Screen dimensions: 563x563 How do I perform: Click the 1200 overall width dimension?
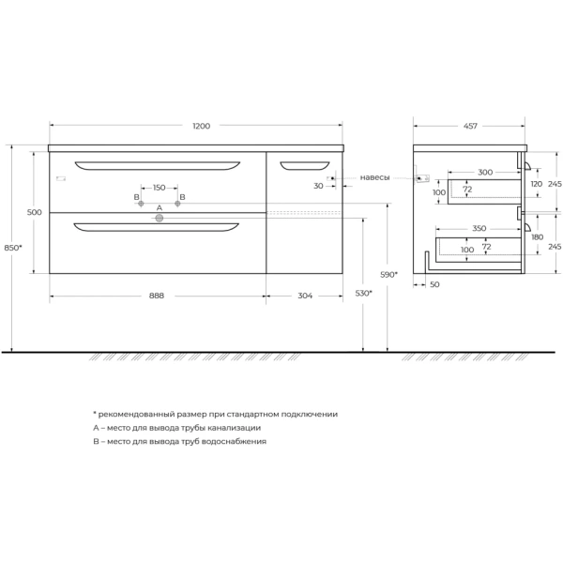pos(201,126)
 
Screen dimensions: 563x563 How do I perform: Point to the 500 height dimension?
pos(35,213)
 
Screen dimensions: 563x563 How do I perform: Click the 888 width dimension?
pos(157,296)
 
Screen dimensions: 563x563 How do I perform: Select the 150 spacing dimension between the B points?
pos(159,188)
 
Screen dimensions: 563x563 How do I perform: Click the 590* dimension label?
pos(389,274)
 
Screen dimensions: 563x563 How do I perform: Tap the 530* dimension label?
pos(364,294)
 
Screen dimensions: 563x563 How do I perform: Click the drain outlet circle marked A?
pos(159,218)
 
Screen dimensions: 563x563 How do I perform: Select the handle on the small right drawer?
pos(299,166)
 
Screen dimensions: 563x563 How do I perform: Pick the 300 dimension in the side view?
pos(484,173)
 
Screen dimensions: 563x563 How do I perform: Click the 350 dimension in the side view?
pos(479,228)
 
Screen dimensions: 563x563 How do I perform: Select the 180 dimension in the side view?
pos(536,237)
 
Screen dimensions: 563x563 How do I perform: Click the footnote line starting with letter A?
pos(176,427)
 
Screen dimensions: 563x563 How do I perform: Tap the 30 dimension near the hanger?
pos(319,186)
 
